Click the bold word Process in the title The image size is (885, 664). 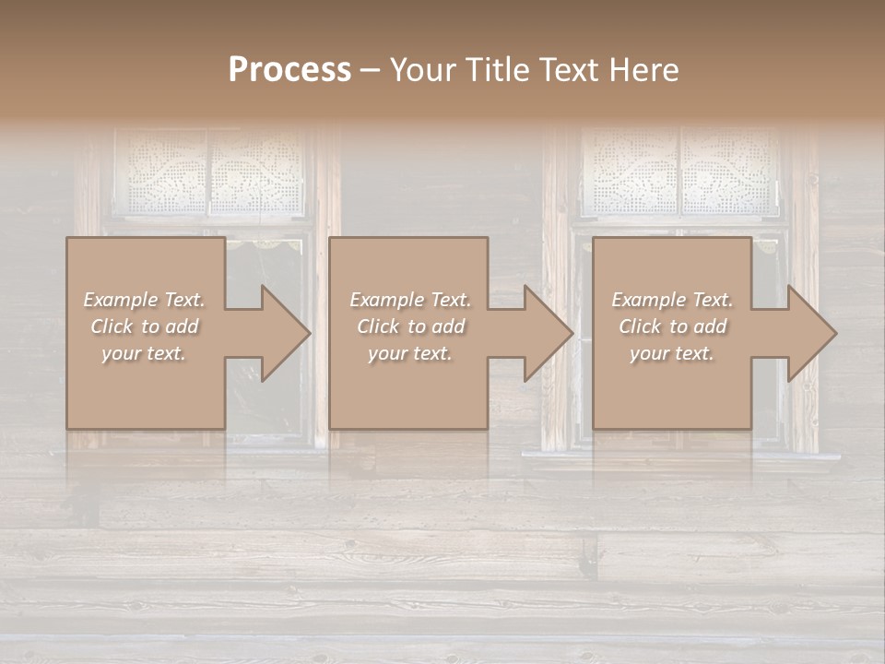pos(289,70)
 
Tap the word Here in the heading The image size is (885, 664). pos(642,70)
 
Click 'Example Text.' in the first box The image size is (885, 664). pos(144,300)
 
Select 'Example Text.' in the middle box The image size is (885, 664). pos(409,300)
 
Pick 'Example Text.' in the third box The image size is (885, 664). pos(672,300)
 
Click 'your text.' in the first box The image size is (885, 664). pos(144,353)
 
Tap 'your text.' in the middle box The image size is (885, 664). pos(409,353)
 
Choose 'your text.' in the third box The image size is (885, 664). pos(672,353)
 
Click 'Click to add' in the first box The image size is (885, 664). pos(144,326)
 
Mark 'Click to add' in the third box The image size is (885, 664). pos(672,326)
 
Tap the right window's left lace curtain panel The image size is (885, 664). pos(631,172)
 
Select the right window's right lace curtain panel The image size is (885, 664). pos(728,172)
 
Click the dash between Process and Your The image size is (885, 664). pos(370,70)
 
